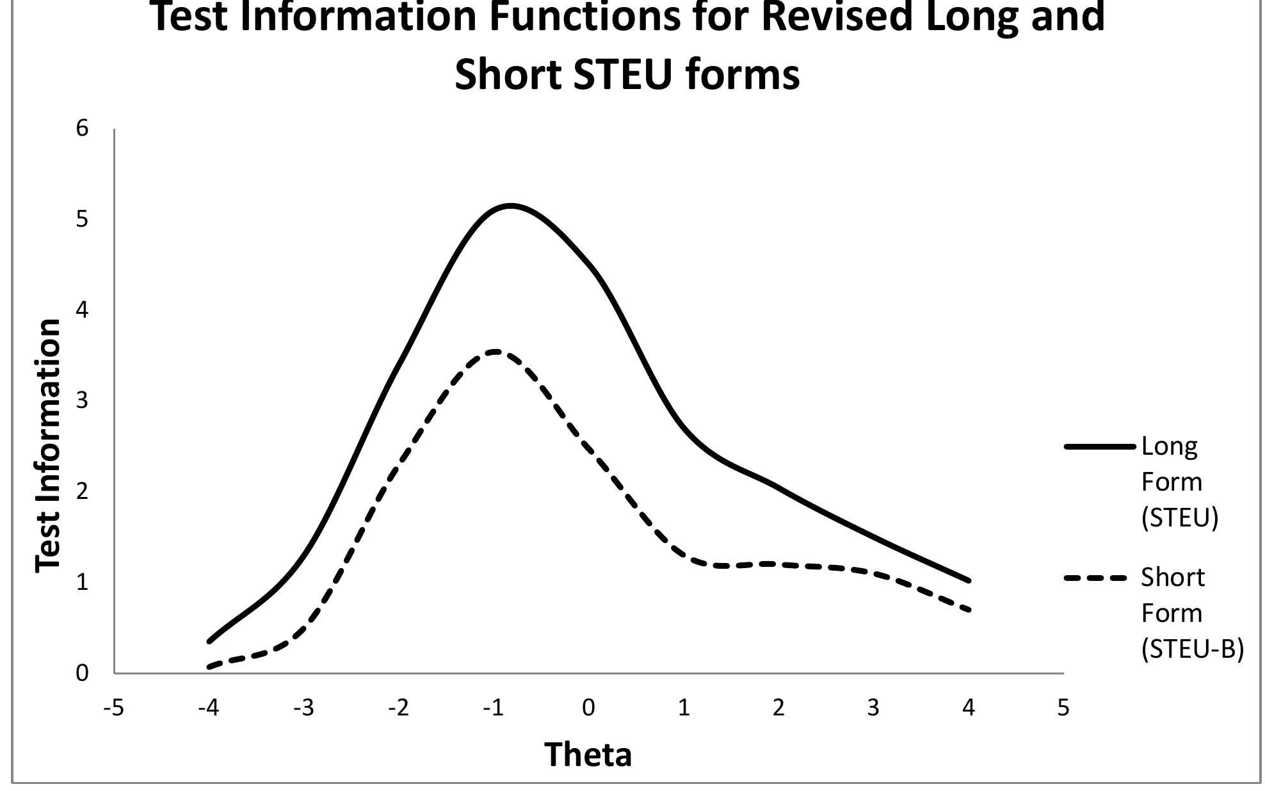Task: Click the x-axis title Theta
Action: (588, 754)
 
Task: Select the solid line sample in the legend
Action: (1099, 446)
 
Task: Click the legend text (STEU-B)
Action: (1192, 649)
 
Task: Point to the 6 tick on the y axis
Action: (82, 128)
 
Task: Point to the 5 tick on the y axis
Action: (82, 219)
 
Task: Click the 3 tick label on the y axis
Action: (82, 401)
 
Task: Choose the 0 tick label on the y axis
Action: (82, 673)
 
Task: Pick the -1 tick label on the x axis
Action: (493, 708)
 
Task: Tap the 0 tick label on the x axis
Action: (588, 708)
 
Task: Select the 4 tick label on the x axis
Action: (969, 708)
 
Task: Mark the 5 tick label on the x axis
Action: (1063, 708)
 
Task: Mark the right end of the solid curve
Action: (969, 581)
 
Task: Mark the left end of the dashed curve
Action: (209, 667)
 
